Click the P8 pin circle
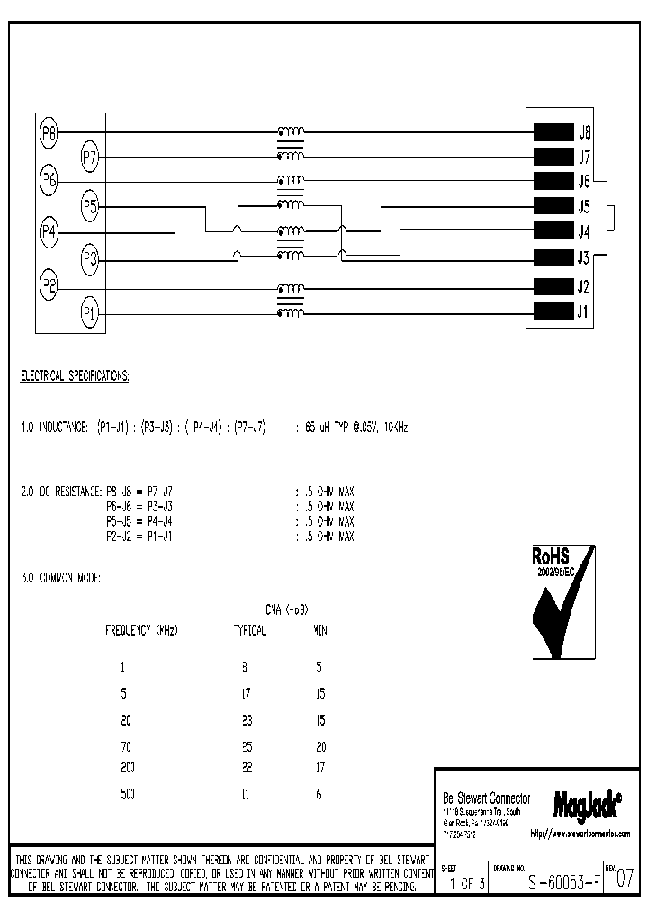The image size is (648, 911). [49, 135]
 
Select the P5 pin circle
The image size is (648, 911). [90, 206]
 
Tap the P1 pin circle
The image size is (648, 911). [90, 313]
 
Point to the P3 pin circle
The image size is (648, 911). [90, 260]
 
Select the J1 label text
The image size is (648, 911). [583, 313]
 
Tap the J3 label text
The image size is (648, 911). [583, 259]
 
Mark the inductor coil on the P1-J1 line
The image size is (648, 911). [290, 312]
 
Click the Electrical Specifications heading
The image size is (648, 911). [75, 376]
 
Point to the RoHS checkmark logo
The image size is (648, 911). [562, 602]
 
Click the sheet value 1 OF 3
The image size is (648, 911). [467, 883]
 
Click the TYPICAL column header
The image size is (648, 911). [248, 631]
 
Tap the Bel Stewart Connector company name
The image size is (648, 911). [487, 798]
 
